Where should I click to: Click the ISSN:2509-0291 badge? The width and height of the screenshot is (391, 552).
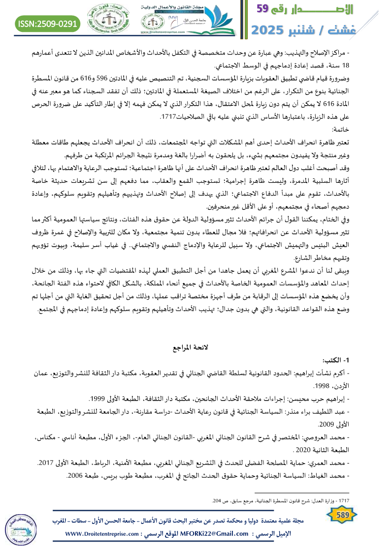point(48,23)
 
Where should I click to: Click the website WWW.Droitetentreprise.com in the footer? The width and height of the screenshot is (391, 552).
point(103,534)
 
